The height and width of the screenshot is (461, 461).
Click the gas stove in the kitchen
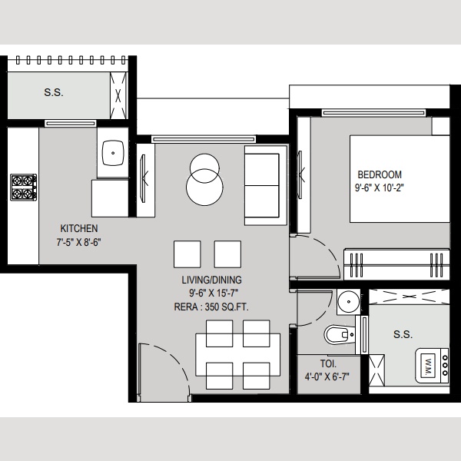tap(24, 187)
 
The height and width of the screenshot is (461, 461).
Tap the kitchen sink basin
tap(113, 153)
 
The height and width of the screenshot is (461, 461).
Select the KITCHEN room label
tap(79, 228)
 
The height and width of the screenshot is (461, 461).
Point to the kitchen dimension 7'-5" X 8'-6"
tap(79, 242)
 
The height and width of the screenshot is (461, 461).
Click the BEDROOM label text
tap(380, 174)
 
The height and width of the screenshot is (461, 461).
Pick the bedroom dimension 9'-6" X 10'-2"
tap(380, 187)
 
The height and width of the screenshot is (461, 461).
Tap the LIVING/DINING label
tap(212, 280)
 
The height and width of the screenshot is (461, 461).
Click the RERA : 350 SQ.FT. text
tap(211, 307)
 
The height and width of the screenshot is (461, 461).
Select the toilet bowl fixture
tap(340, 334)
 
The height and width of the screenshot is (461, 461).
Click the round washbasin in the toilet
tap(348, 302)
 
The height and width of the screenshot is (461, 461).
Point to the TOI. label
tap(328, 363)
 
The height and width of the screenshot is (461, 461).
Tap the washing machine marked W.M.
tap(432, 366)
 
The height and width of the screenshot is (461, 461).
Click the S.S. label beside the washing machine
tap(403, 334)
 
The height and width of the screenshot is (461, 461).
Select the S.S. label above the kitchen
tap(54, 92)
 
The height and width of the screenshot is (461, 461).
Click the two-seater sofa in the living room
tap(266, 185)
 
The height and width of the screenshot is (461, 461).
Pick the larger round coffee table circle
tap(204, 187)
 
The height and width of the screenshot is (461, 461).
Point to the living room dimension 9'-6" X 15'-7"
tap(213, 294)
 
